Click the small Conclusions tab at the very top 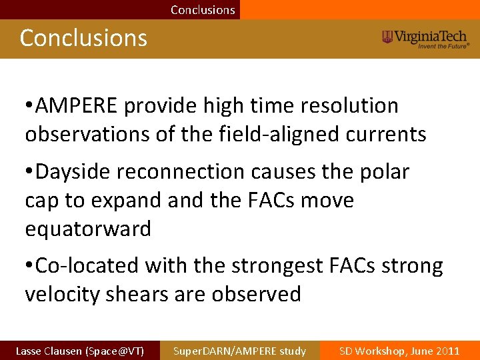pos(203,10)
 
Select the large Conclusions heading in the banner pos(83,38)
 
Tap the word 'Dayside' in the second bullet pos(74,171)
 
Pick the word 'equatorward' pos(88,229)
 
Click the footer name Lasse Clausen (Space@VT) pos(79,351)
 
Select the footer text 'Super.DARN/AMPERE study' pos(239,351)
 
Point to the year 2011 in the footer pos(446,351)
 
